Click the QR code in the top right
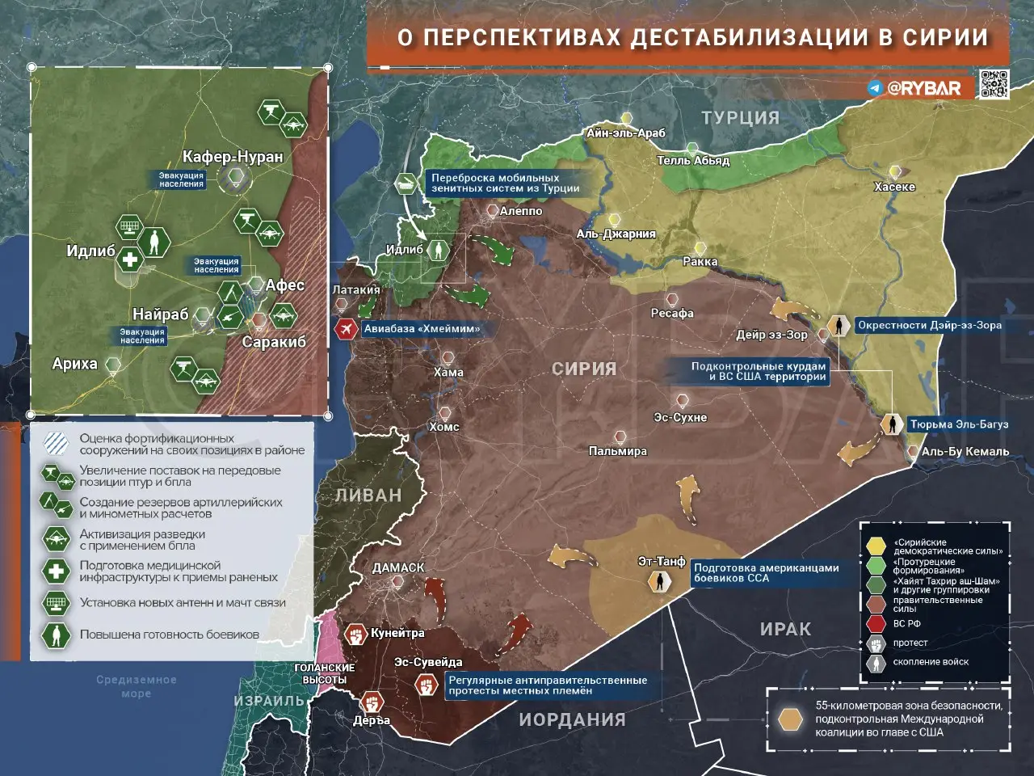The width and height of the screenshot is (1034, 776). coord(994,84)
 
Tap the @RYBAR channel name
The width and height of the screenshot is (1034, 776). coord(923,88)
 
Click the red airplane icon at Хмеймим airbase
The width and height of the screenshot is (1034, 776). coord(347,329)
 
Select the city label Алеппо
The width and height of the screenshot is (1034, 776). coord(521,211)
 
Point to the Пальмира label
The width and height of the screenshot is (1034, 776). coord(618,451)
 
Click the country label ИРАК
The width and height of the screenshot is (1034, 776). coord(785,629)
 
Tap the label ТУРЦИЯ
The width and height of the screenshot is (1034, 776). coord(740,118)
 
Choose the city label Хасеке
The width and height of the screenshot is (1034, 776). coord(895,187)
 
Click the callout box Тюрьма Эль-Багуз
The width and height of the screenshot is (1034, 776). coord(959,424)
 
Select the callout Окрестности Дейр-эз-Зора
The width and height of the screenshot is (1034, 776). coord(929,325)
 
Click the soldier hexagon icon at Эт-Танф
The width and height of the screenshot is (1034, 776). coord(660,580)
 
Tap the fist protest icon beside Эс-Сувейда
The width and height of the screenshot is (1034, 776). coord(427,685)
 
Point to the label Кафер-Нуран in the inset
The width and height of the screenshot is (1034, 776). coord(233,157)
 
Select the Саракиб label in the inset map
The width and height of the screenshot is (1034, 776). coord(274,342)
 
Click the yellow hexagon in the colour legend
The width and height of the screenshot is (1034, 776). coord(876,546)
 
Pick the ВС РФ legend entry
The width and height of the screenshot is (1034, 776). coord(906,623)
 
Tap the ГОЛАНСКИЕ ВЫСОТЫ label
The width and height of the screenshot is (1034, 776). coord(324,673)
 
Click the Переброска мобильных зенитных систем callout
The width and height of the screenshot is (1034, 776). coord(506,183)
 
